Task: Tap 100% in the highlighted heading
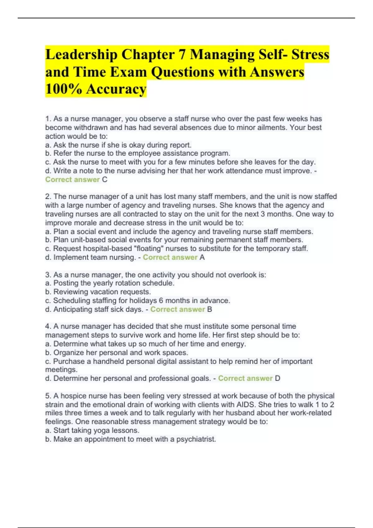(63, 89)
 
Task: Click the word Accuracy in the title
(116, 89)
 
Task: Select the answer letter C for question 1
(104, 180)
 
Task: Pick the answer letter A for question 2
(202, 257)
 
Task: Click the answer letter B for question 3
(210, 309)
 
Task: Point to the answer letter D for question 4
(278, 378)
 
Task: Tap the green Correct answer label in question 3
(177, 309)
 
